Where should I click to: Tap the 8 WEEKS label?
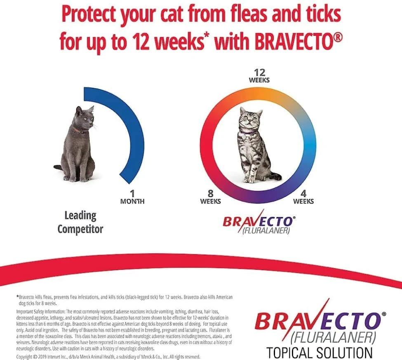(x=210, y=197)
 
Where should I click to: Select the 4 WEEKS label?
(x=303, y=197)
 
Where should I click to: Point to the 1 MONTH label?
(x=132, y=197)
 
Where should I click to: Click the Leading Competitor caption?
(x=80, y=222)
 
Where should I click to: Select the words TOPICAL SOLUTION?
(x=319, y=353)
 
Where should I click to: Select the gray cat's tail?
(x=58, y=167)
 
